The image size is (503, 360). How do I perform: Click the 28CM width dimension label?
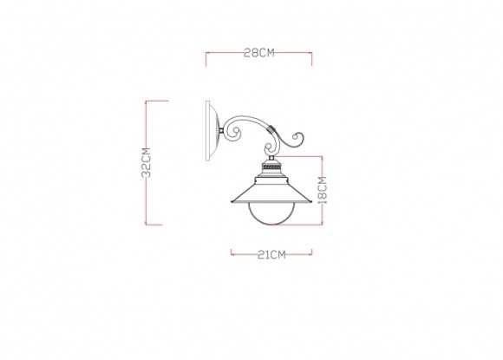pyautogui.click(x=258, y=53)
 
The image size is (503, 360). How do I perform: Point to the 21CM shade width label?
pyautogui.click(x=258, y=254)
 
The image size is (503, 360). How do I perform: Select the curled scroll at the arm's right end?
pyautogui.click(x=297, y=139)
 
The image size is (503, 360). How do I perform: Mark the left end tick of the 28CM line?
pyautogui.click(x=205, y=56)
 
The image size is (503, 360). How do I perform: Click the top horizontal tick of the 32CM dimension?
pyautogui.click(x=156, y=101)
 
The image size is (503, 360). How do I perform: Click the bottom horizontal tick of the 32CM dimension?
pyautogui.click(x=156, y=225)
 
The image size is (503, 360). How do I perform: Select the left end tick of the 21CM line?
pyautogui.click(x=231, y=254)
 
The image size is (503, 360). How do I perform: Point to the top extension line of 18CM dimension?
pyautogui.click(x=304, y=157)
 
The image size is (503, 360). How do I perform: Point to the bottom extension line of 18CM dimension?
pyautogui.click(x=304, y=225)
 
